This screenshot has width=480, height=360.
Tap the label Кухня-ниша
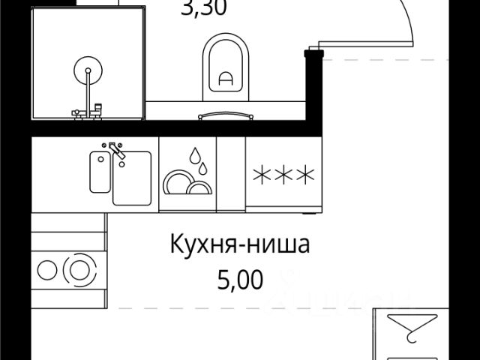pyautogui.click(x=239, y=245)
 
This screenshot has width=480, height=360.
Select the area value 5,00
pyautogui.click(x=239, y=281)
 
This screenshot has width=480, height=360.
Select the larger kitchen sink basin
pyautogui.click(x=131, y=178)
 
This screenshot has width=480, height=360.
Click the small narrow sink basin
pyautogui.click(x=99, y=172)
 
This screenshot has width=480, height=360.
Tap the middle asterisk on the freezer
pyautogui.click(x=283, y=176)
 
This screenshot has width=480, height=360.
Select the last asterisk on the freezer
pyautogui.click(x=304, y=176)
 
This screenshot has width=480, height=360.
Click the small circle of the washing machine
pyautogui.click(x=47, y=269)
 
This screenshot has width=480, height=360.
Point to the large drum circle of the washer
pyautogui.click(x=78, y=269)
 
